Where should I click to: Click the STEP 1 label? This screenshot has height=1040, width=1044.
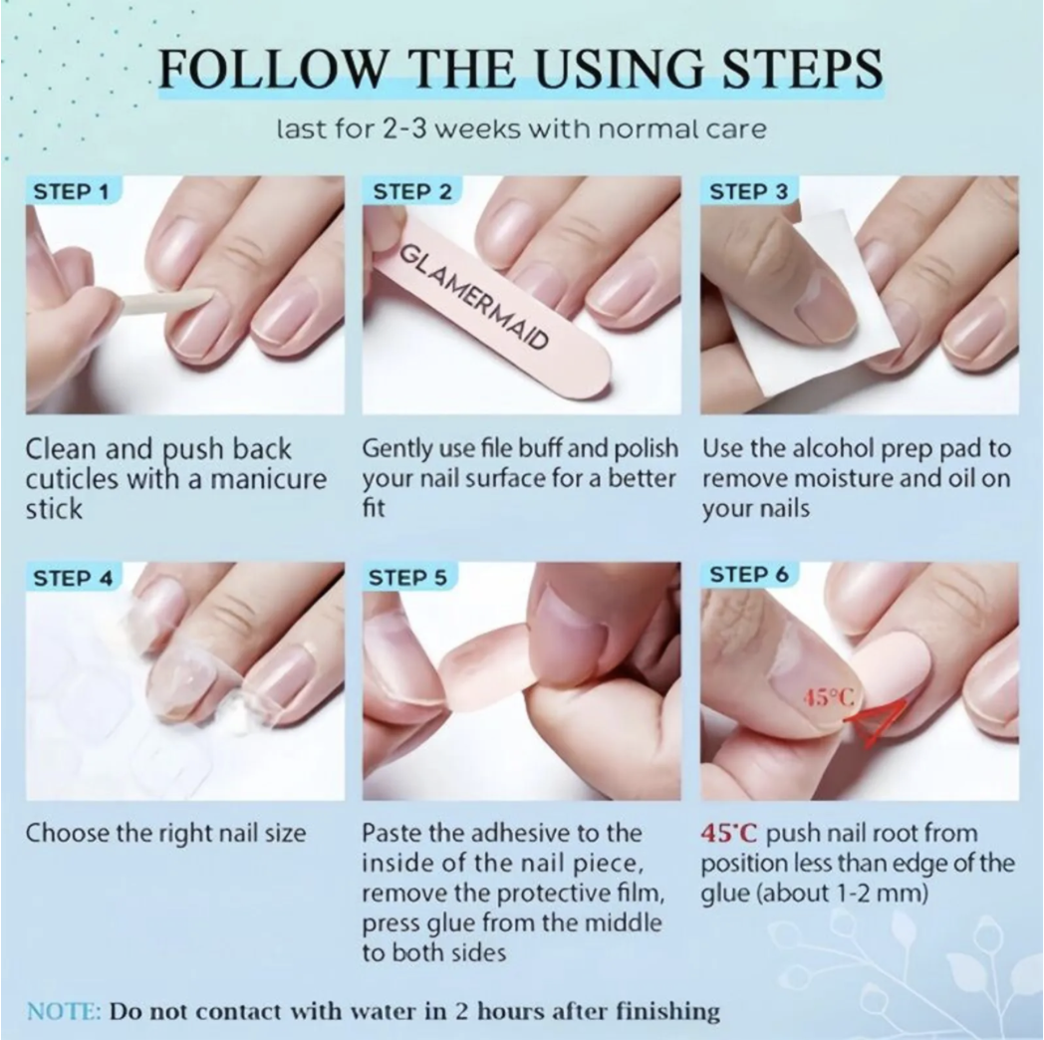point(71,191)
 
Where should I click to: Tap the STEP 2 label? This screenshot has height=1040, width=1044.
point(412,191)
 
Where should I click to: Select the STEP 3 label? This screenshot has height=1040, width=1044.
point(749,191)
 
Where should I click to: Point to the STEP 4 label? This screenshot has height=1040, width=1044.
point(74,578)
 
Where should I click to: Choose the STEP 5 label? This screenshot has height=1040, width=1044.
point(407,578)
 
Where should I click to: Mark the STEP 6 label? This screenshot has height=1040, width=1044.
point(749,574)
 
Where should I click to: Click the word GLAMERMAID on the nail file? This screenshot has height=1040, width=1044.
point(474,297)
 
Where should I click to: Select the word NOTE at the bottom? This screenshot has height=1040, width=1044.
point(64,1011)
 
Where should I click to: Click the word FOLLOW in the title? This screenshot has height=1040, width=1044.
point(273,69)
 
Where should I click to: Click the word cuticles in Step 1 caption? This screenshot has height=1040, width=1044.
point(72,479)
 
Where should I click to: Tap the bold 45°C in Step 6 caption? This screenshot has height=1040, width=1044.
point(729,833)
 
